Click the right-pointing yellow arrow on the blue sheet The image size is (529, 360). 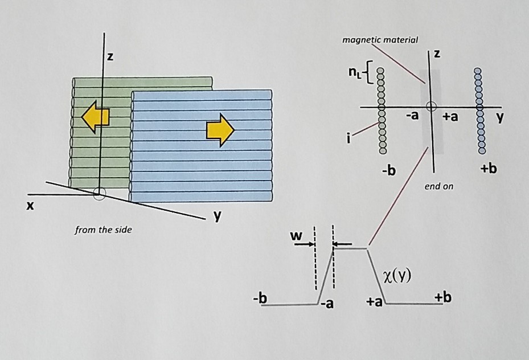point(220,130)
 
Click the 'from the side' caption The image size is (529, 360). point(103,230)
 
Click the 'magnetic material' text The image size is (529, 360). point(380,40)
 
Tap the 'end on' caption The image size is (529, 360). point(438,186)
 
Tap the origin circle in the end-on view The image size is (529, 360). point(431,106)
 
